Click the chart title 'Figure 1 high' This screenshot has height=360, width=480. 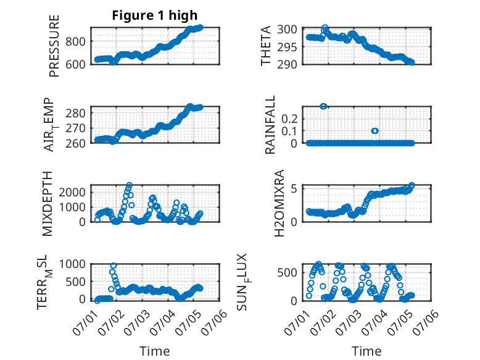point(155,15)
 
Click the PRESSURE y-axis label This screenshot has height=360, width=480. point(54,46)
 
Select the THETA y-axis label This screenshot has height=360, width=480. point(266,46)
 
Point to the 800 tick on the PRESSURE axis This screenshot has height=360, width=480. point(75,41)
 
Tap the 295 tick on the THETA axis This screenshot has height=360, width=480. point(287,47)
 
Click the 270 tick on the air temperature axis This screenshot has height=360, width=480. point(75,128)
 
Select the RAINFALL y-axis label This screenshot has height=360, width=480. point(270,125)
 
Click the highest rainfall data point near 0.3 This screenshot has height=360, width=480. point(323,106)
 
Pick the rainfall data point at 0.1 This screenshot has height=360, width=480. point(374,131)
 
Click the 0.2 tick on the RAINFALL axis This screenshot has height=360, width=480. point(289,119)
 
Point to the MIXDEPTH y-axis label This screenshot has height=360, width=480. point(48,204)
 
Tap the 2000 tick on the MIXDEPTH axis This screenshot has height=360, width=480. point(72,192)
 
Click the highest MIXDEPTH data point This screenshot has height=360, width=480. point(130,185)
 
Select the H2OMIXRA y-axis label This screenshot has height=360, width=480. point(279,203)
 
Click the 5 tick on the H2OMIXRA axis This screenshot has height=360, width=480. point(294,188)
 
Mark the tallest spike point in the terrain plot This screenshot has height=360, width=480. point(114,266)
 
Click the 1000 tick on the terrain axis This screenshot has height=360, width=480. point(72,264)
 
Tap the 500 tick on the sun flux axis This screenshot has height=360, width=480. point(287,272)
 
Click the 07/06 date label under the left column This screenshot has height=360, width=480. point(214,323)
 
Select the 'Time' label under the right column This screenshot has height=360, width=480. point(366,351)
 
